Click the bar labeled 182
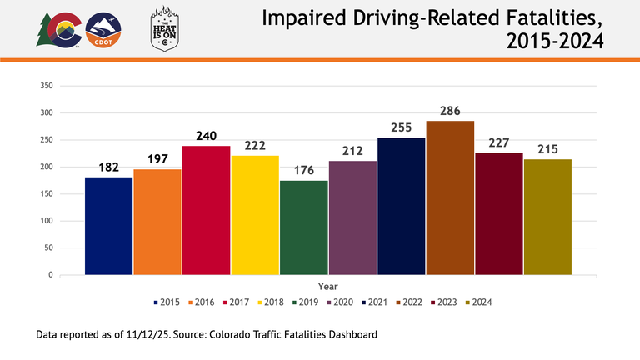click(x=108, y=226)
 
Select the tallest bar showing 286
click(x=450, y=197)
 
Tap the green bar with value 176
click(x=303, y=227)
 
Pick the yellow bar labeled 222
click(x=255, y=215)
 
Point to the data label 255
click(x=401, y=127)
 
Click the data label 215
click(x=547, y=148)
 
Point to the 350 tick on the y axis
click(x=47, y=86)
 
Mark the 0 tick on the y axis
click(x=51, y=275)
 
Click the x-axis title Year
click(x=327, y=286)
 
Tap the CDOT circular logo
click(x=105, y=31)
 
